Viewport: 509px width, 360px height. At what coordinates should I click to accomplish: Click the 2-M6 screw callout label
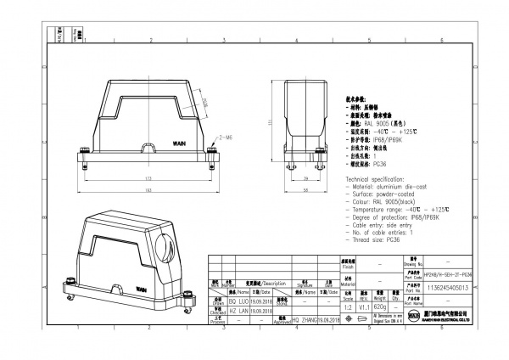pos(227,135)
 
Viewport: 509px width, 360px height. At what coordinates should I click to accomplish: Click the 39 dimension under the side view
pos(305,180)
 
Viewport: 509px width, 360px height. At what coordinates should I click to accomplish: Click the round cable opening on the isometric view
pos(167,252)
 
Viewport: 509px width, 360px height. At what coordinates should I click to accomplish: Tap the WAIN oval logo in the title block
pos(414,315)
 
